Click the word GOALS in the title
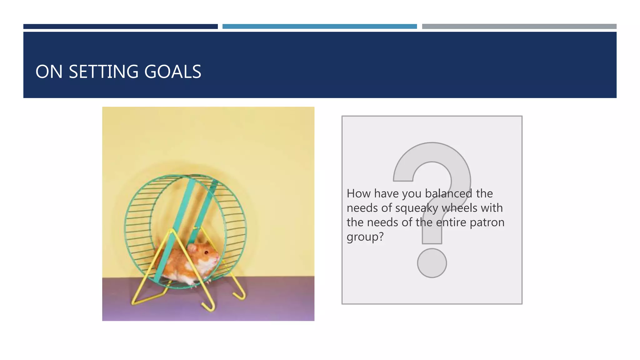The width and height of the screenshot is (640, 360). pyautogui.click(x=172, y=72)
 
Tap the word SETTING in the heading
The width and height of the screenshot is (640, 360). pyautogui.click(x=103, y=72)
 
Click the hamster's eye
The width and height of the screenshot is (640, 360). pyautogui.click(x=206, y=252)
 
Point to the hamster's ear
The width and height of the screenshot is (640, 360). pyautogui.click(x=192, y=249)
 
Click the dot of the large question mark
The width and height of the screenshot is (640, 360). pyautogui.click(x=432, y=263)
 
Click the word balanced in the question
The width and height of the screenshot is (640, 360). pyautogui.click(x=448, y=193)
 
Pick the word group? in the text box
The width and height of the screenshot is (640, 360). pyautogui.click(x=365, y=237)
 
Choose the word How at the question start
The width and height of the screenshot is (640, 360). pyautogui.click(x=358, y=193)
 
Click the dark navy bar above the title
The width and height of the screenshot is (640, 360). pyautogui.click(x=120, y=27)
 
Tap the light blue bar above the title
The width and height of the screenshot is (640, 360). pyautogui.click(x=319, y=27)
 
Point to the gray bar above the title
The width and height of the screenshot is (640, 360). pyautogui.click(x=519, y=27)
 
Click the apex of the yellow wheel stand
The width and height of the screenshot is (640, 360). pyautogui.click(x=172, y=231)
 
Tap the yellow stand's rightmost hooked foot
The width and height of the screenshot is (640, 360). pyautogui.click(x=241, y=295)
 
